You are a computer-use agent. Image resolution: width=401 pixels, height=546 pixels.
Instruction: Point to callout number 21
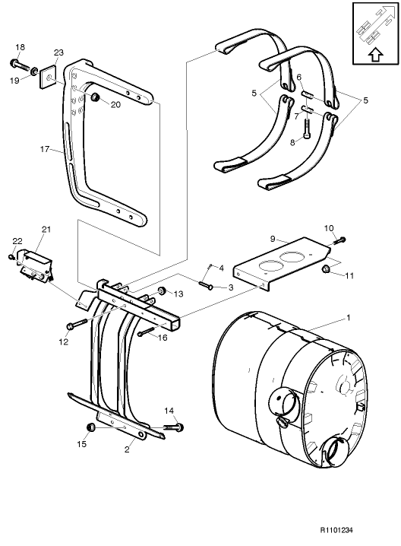(x=46, y=229)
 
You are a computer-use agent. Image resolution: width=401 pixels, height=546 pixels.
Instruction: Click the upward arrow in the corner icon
(x=374, y=55)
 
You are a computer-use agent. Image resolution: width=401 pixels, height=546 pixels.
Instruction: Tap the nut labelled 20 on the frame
(x=95, y=100)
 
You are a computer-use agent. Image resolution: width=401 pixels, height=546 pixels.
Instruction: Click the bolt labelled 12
(x=74, y=325)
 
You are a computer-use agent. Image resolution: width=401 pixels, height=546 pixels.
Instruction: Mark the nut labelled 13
(x=162, y=291)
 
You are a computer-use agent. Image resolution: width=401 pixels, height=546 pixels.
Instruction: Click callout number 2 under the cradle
(x=127, y=450)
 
